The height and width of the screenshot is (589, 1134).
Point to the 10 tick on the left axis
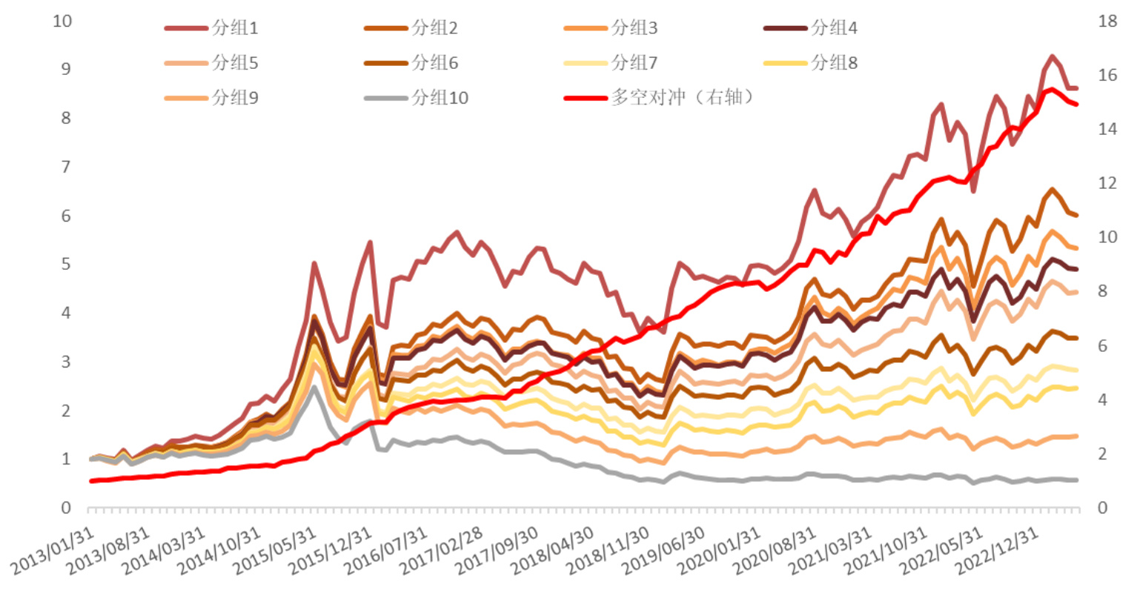click(63, 21)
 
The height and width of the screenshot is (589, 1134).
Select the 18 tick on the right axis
click(1107, 21)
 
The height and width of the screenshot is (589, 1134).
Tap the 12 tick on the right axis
click(1107, 183)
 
